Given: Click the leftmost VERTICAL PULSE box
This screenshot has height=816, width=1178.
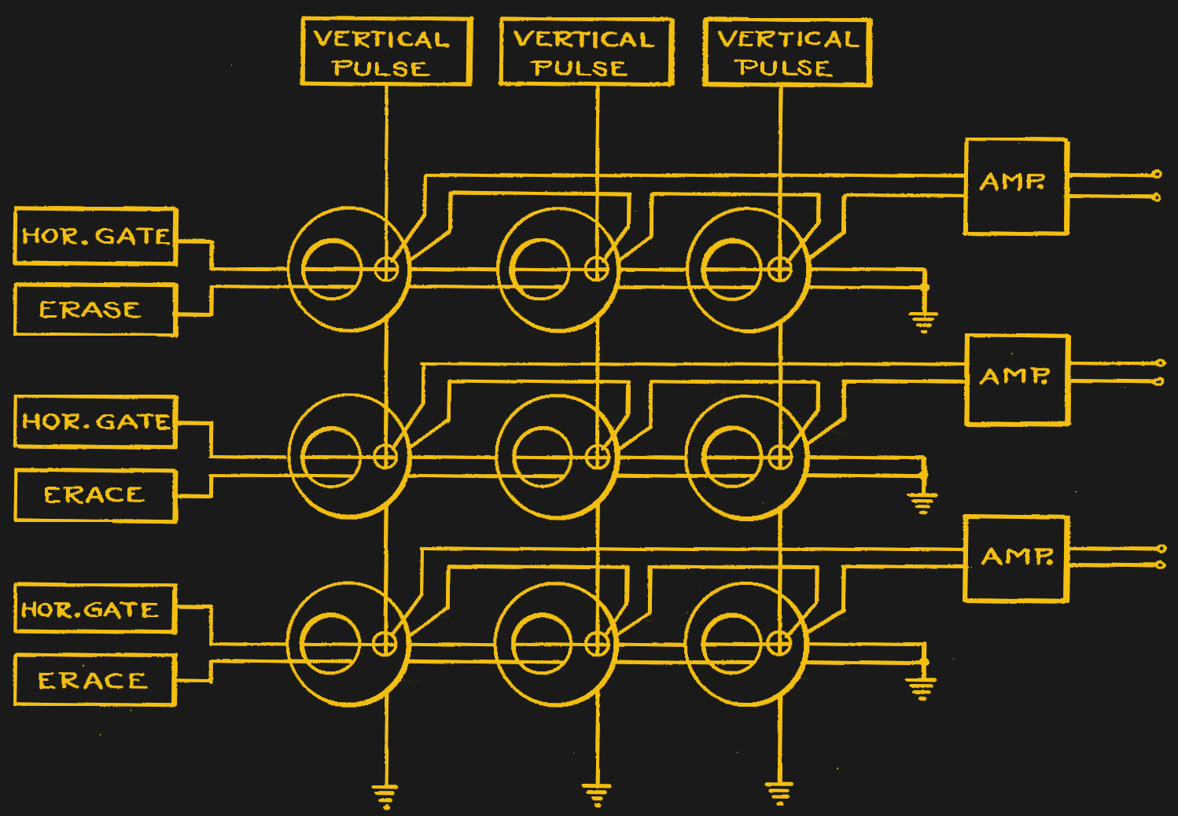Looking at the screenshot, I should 386,52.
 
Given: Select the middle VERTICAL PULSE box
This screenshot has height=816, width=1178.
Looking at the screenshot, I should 587,52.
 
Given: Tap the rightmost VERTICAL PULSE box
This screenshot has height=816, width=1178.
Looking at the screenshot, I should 787,52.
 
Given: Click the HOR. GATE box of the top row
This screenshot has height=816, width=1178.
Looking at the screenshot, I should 96,236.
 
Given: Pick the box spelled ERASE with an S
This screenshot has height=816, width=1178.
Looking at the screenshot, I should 96,310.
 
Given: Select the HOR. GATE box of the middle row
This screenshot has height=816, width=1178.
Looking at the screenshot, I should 96,422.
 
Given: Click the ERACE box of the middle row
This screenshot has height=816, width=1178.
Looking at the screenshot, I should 96,495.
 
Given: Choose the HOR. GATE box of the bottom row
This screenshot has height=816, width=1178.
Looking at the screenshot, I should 95,609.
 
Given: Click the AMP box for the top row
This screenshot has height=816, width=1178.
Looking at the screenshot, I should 1016,186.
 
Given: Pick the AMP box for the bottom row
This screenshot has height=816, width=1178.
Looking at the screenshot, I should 1016,559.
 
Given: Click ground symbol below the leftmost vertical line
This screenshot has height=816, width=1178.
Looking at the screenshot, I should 385,796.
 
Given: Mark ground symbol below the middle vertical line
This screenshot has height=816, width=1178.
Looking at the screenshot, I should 597,794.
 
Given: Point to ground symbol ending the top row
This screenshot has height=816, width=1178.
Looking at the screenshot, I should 924,321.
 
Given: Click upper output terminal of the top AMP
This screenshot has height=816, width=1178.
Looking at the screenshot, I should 1156,174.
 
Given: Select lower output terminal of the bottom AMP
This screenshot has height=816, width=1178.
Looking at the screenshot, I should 1160,564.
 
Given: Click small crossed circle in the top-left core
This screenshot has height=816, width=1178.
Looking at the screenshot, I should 386,270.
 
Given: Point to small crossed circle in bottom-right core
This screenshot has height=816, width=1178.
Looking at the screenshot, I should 779,644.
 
